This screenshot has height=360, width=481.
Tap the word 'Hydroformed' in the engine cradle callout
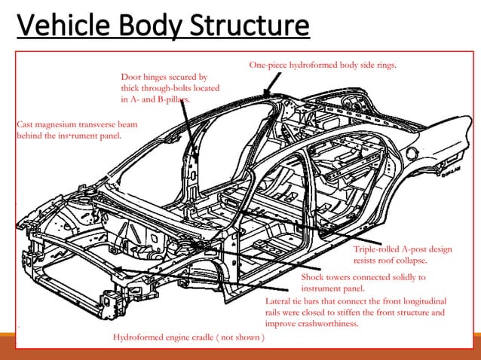[x=139, y=337]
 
